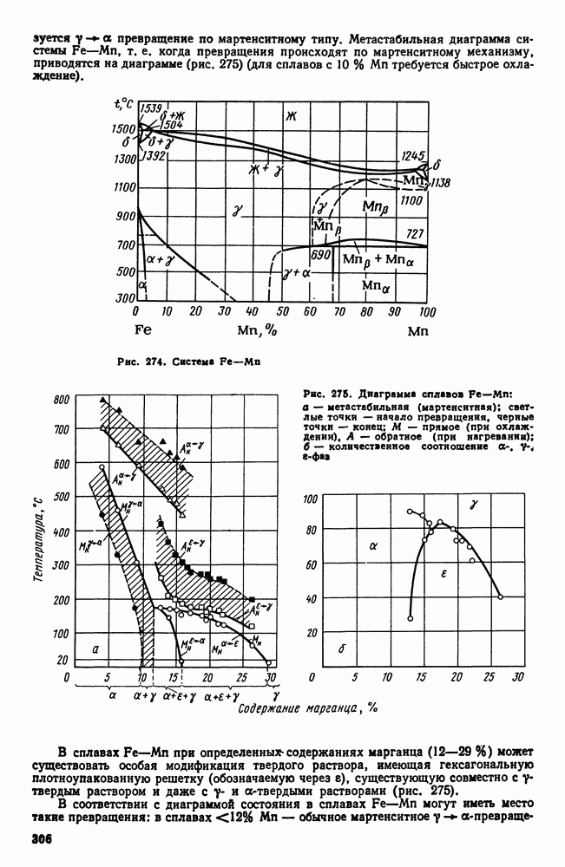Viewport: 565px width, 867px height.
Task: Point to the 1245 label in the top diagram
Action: click(x=413, y=156)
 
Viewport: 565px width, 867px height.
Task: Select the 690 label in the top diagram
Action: click(x=320, y=257)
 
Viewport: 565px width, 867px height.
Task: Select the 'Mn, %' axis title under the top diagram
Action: click(x=256, y=331)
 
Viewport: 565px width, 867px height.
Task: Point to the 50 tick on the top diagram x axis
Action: click(x=281, y=311)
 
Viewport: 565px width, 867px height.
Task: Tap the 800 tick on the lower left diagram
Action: click(x=60, y=400)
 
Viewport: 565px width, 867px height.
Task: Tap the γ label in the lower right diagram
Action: click(x=473, y=505)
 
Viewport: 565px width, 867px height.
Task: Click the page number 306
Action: click(x=44, y=840)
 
